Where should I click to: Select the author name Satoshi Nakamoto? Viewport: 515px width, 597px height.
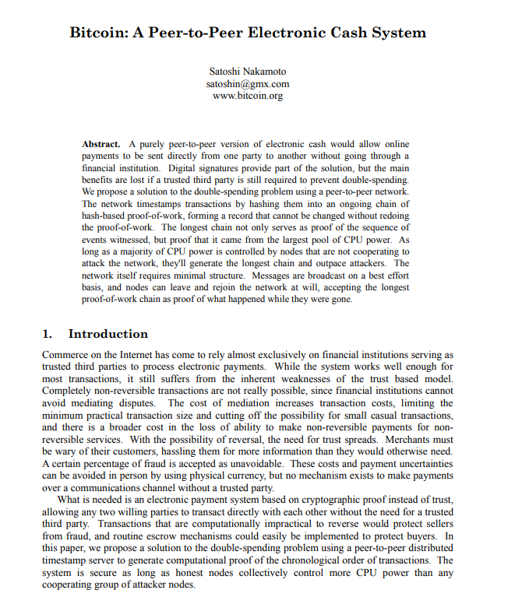[x=248, y=72]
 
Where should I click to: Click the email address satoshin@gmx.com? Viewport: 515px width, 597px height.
[x=248, y=83]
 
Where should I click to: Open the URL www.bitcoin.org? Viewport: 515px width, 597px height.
[x=248, y=96]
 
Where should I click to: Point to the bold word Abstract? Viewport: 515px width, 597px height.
[x=101, y=144]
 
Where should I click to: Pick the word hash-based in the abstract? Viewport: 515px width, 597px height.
[x=107, y=215]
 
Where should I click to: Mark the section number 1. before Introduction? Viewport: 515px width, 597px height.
[x=48, y=335]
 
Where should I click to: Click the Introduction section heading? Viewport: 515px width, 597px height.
[x=108, y=335]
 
